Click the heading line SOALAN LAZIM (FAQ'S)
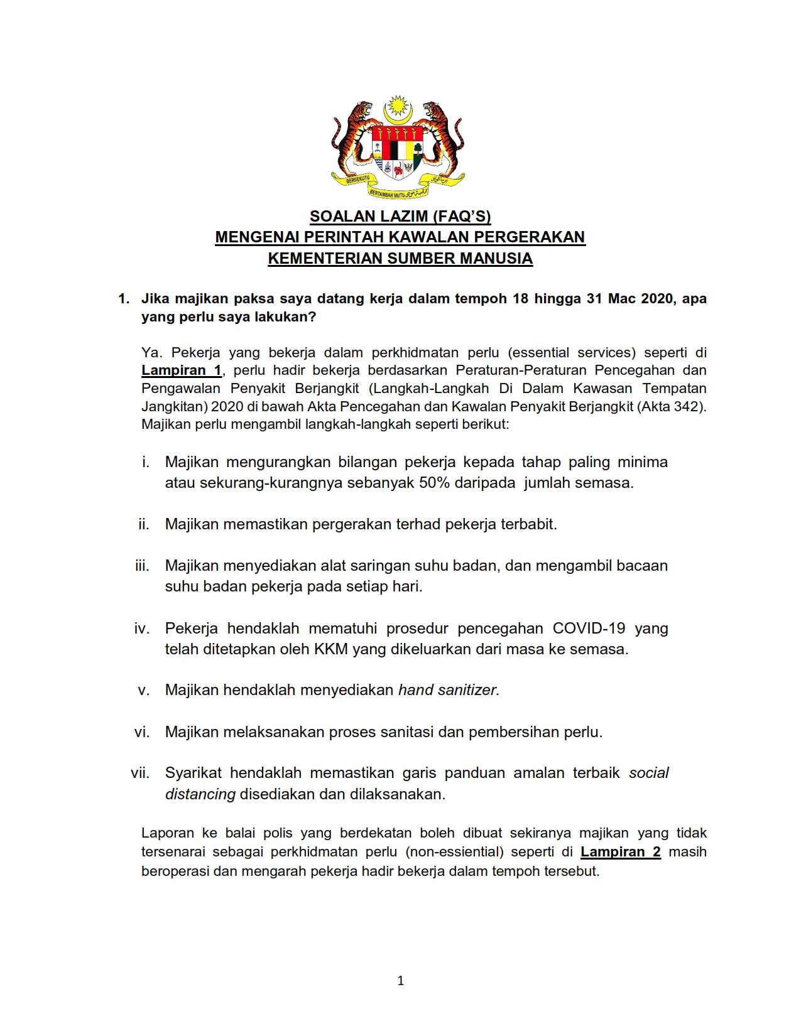coord(400,217)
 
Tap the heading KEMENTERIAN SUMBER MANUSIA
coord(400,259)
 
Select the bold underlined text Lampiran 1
coord(181,370)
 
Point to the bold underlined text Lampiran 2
coord(620,852)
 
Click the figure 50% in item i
coord(434,483)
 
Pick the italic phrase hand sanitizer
coord(449,690)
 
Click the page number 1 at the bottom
coord(401,981)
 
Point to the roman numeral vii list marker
coord(140,773)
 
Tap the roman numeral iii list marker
coord(142,566)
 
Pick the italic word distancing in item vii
coord(200,794)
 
